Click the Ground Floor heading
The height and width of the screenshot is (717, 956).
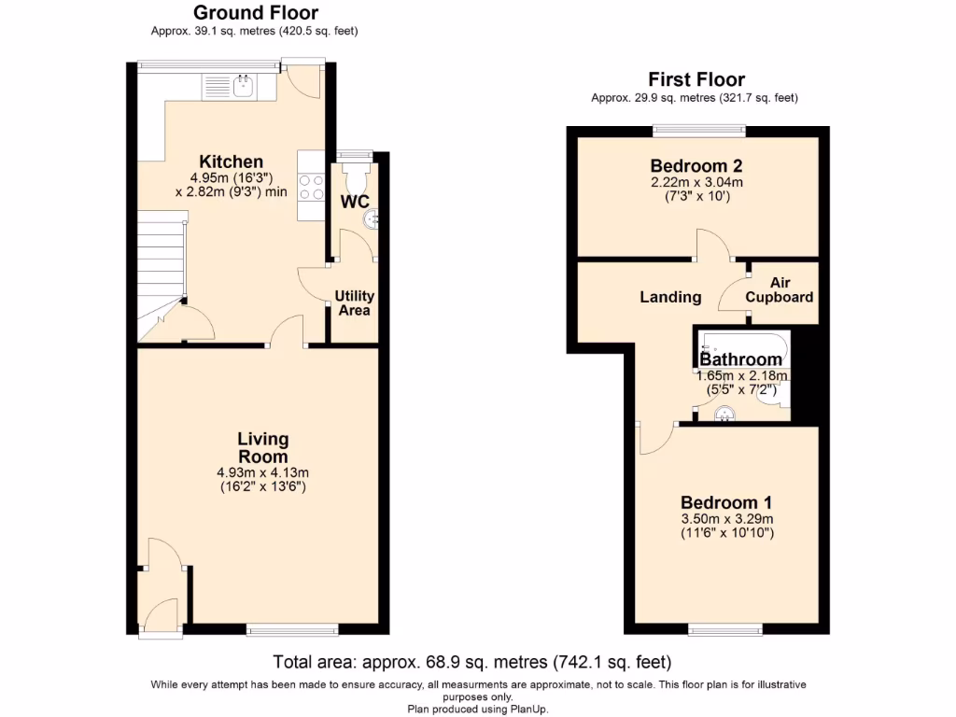(255, 13)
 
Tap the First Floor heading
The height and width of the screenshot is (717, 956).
(696, 79)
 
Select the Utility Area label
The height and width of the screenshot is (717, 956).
(355, 302)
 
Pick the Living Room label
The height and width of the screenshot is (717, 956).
(262, 447)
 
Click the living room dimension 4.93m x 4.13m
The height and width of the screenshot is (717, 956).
(262, 472)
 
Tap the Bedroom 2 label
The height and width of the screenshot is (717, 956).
(696, 164)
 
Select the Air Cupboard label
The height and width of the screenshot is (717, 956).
(780, 289)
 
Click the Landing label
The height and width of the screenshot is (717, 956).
(670, 297)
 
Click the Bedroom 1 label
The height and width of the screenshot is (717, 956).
(726, 500)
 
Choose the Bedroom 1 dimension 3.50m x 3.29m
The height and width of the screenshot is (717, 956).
(726, 519)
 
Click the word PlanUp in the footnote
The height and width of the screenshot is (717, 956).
(526, 709)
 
